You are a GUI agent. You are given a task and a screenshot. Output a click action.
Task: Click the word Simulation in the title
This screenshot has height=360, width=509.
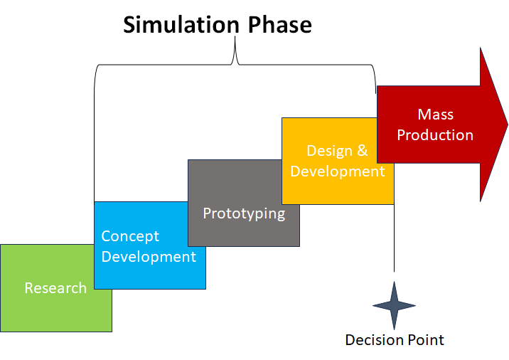(x=181, y=25)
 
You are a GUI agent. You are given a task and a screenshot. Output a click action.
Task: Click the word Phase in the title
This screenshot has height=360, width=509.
(x=279, y=25)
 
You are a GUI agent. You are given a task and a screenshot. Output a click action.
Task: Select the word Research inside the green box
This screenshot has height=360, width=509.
(x=55, y=288)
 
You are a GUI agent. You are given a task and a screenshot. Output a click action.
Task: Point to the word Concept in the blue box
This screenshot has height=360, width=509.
(x=130, y=236)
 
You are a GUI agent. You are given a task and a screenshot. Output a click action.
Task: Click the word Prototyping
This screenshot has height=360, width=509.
(x=244, y=213)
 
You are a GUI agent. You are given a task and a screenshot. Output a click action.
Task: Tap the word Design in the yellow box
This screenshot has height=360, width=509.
(x=329, y=151)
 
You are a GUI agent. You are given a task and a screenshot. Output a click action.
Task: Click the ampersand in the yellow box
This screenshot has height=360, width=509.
(x=362, y=151)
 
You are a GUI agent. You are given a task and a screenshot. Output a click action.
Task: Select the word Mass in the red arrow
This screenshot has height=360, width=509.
(x=435, y=114)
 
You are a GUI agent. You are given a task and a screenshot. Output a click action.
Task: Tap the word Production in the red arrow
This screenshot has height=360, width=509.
(x=435, y=134)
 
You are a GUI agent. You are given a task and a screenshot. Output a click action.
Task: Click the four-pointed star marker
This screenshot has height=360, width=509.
(x=394, y=306)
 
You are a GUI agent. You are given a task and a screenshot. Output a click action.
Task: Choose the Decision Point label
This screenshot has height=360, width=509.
(x=395, y=340)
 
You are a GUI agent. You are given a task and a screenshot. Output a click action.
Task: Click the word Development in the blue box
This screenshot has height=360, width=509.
(x=149, y=256)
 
